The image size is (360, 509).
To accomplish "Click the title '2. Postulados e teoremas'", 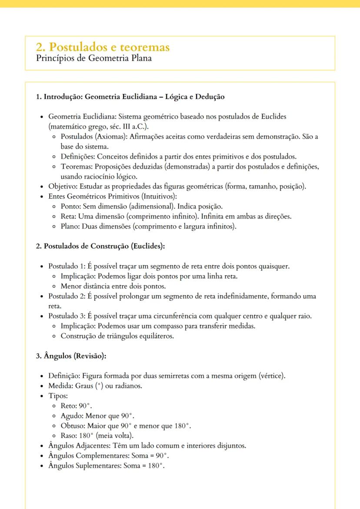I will pyautogui.click(x=103, y=47).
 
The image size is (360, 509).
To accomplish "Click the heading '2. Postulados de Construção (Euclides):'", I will pyautogui.click(x=100, y=246).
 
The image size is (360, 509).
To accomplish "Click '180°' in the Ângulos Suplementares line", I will pyautogui.click(x=156, y=466).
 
